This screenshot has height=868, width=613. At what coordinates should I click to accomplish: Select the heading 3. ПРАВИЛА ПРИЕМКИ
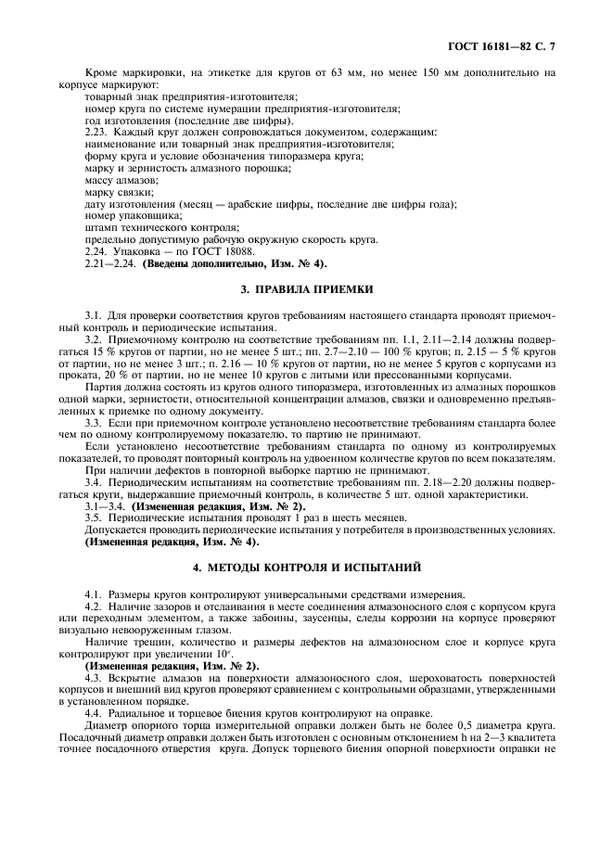click(306, 289)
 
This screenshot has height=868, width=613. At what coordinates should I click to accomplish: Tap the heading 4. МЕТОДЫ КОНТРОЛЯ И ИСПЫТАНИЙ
click(306, 566)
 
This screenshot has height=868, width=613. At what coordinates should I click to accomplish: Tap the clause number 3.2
click(96, 339)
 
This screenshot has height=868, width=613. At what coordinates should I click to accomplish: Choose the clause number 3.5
click(96, 517)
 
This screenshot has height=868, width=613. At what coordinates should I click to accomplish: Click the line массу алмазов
click(115, 180)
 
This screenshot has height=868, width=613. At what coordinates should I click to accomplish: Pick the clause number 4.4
click(96, 712)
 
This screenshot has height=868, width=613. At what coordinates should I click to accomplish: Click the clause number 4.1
click(96, 594)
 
